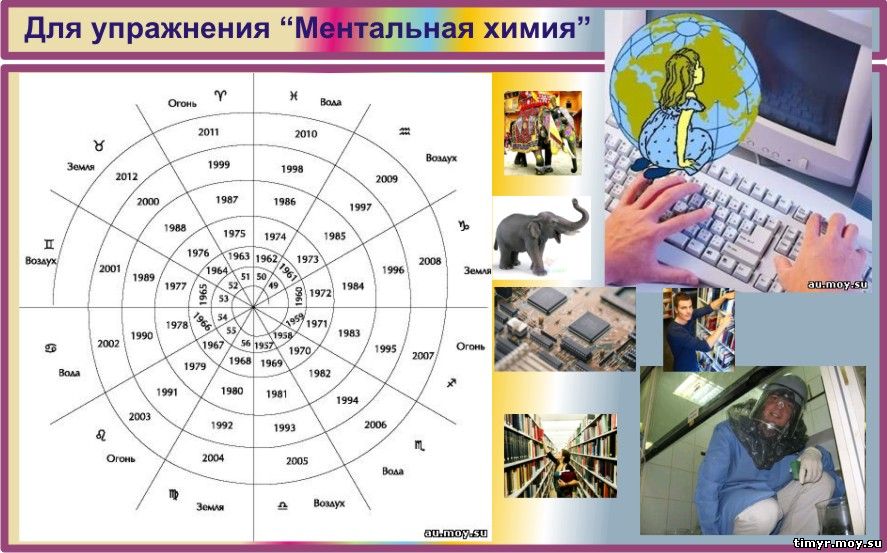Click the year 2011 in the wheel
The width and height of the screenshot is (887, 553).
[x=208, y=132]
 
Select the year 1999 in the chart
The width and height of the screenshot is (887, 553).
[x=218, y=165]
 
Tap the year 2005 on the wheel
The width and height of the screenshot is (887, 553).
[x=297, y=461]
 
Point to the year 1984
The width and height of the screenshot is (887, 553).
[x=352, y=286]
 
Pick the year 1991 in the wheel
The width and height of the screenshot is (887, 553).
[x=167, y=392]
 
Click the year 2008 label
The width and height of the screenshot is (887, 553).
[x=430, y=261]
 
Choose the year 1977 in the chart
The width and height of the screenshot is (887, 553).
[x=175, y=286]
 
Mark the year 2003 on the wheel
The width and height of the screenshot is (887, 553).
[x=139, y=417]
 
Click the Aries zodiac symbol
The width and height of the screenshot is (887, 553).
[x=220, y=95]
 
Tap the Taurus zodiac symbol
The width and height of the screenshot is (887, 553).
[x=99, y=145]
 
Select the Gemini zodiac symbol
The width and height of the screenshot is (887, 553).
[x=50, y=244]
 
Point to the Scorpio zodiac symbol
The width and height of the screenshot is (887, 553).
[x=419, y=445]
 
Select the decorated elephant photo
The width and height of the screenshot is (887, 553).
[x=542, y=132]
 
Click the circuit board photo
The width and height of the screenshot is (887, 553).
[x=565, y=329]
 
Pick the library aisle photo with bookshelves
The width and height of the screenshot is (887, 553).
[x=560, y=456]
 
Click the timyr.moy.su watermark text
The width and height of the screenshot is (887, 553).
[x=838, y=544]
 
